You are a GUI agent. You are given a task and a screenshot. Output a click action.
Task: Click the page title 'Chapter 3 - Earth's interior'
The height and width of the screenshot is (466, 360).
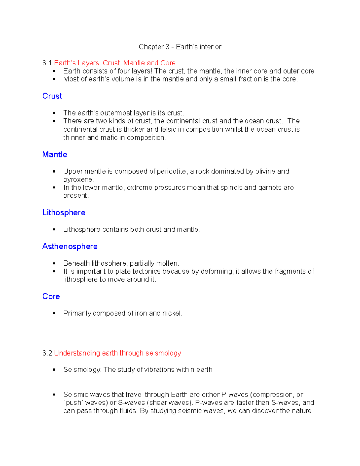click(180, 47)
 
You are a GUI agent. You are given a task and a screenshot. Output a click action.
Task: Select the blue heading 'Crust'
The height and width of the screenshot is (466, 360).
click(52, 96)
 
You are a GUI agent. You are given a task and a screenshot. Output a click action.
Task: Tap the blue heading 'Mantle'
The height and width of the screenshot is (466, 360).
click(55, 155)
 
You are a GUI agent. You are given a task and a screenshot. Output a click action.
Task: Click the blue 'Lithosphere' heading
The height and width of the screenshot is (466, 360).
click(64, 213)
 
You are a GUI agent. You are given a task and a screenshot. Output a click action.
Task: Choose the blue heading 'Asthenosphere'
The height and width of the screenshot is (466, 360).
click(70, 247)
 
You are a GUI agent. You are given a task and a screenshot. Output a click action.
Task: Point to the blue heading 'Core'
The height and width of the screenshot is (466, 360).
click(51, 296)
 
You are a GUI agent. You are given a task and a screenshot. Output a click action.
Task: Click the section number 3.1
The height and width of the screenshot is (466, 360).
click(47, 63)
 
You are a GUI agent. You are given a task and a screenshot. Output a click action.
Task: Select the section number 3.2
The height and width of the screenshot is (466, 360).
click(47, 353)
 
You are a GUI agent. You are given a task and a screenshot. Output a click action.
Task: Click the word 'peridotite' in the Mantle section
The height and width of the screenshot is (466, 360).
click(171, 171)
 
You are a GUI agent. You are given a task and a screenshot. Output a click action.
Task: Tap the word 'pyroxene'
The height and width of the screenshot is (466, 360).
click(78, 180)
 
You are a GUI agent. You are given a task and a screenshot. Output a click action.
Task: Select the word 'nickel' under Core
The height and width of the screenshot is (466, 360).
click(172, 313)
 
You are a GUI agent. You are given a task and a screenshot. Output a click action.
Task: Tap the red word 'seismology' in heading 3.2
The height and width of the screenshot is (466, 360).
click(163, 353)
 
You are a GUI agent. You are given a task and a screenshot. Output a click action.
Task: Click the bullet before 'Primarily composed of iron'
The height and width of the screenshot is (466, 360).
click(54, 314)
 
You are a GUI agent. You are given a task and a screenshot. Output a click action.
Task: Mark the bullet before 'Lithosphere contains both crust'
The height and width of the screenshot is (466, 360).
click(54, 230)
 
